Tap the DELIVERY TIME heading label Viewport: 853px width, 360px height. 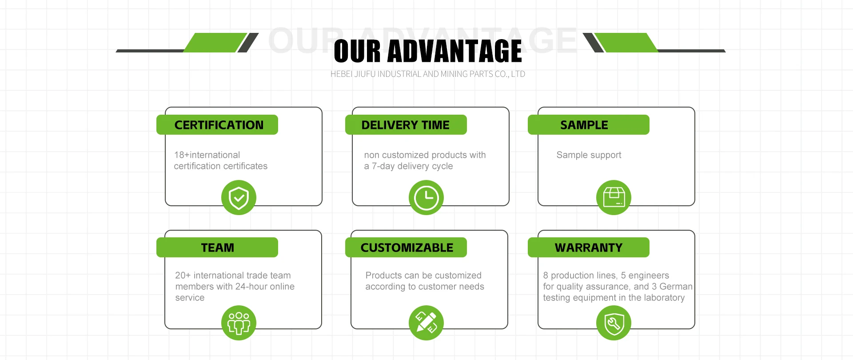click(x=406, y=125)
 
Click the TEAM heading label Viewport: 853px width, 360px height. click(x=217, y=248)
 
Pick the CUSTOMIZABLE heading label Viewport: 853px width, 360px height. click(x=407, y=248)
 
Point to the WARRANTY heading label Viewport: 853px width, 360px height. click(x=588, y=248)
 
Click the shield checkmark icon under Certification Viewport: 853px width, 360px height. click(x=239, y=197)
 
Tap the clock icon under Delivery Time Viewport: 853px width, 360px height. click(x=426, y=197)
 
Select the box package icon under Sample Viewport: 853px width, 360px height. click(x=614, y=197)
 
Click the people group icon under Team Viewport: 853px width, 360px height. click(x=239, y=323)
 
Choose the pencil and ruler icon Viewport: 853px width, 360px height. click(x=426, y=323)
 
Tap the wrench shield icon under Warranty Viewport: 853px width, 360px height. click(x=614, y=323)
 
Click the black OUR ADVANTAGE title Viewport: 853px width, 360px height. click(x=427, y=51)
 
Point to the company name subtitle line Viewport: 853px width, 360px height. click(x=427, y=74)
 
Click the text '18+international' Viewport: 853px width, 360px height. click(x=207, y=155)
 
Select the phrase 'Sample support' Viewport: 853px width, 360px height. click(x=589, y=155)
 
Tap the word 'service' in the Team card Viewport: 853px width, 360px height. click(x=190, y=298)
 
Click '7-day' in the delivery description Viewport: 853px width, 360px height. click(x=383, y=166)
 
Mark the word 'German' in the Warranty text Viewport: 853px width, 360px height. click(x=676, y=287)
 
